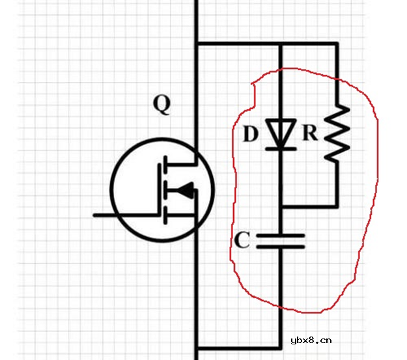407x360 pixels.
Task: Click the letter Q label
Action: click(x=162, y=104)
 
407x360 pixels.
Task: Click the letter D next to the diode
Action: click(x=251, y=133)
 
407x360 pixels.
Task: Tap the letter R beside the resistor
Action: click(x=310, y=133)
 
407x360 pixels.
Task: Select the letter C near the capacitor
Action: click(x=242, y=240)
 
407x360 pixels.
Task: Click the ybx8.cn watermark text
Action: click(x=311, y=340)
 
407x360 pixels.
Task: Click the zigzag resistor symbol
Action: click(x=337, y=133)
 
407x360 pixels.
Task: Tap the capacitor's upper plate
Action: click(x=280, y=236)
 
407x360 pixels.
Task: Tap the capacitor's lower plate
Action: click(x=280, y=246)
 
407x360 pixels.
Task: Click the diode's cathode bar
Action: click(x=281, y=148)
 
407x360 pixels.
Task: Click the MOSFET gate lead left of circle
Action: click(x=104, y=215)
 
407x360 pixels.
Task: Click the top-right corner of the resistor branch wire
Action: click(x=337, y=44)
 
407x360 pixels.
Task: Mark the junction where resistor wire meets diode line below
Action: click(x=281, y=206)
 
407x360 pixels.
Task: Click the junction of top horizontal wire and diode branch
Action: click(x=281, y=44)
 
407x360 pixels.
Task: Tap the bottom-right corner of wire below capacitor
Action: click(x=280, y=348)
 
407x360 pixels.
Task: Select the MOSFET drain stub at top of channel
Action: click(x=180, y=164)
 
